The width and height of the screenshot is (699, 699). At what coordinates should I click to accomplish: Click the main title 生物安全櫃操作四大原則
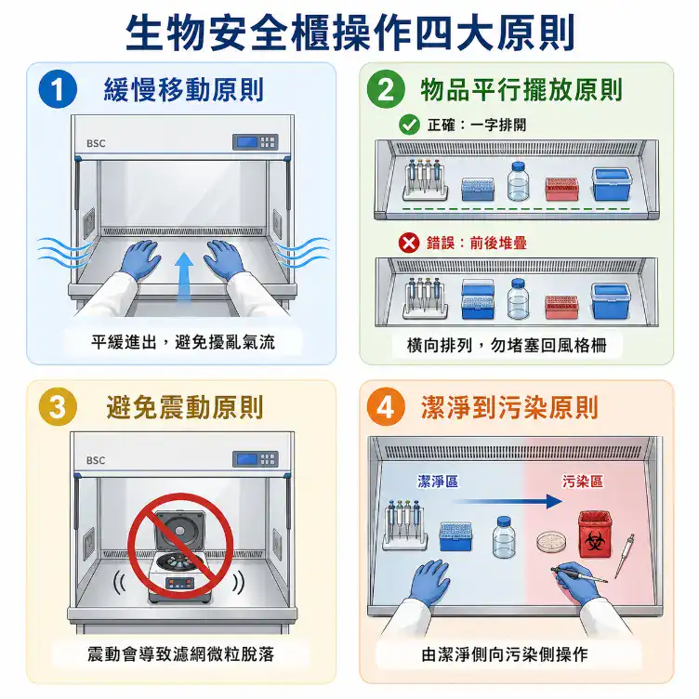[x=349, y=33]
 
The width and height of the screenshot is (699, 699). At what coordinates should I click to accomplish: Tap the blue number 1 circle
[x=58, y=90]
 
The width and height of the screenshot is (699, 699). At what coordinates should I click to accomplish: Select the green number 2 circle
[x=386, y=90]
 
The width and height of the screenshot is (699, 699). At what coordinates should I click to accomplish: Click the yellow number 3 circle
[x=58, y=407]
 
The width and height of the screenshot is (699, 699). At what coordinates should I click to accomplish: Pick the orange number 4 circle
[x=386, y=407]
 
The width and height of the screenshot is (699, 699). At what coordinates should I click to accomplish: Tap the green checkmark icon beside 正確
[x=408, y=125]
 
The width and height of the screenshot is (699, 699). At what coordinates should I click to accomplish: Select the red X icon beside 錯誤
[x=408, y=243]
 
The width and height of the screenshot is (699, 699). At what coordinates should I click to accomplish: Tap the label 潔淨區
[x=437, y=481]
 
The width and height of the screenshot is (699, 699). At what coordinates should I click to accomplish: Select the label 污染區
[x=582, y=481]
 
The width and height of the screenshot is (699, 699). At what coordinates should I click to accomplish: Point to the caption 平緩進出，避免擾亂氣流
[x=183, y=342]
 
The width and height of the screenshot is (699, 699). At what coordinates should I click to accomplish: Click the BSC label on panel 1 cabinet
[x=96, y=143]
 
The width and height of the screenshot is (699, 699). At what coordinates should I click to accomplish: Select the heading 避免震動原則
[x=185, y=407]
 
